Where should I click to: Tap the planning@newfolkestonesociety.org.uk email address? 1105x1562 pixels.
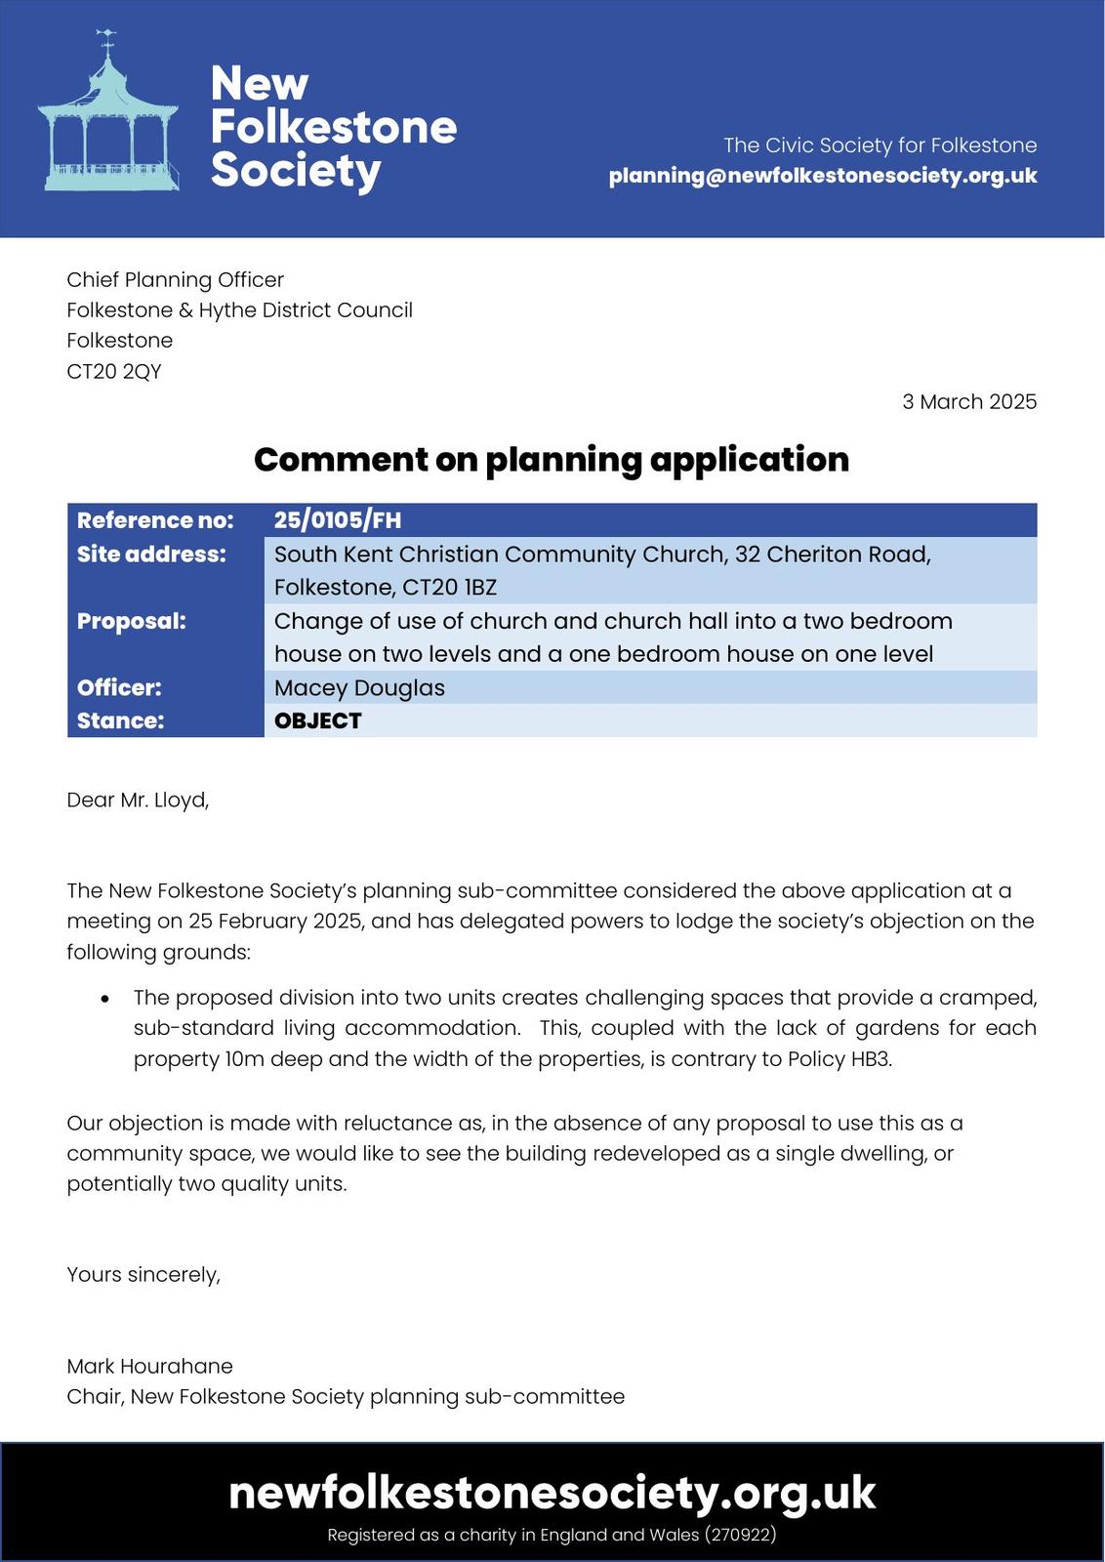(822, 176)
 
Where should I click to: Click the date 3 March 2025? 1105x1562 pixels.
(968, 401)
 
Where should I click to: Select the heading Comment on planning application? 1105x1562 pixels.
(552, 459)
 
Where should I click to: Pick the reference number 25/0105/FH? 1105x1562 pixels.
(338, 520)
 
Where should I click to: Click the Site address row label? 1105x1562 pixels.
(151, 555)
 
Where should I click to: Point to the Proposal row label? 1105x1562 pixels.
(132, 621)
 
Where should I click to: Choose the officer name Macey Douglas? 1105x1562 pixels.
(359, 687)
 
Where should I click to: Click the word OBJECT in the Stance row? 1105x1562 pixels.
(318, 720)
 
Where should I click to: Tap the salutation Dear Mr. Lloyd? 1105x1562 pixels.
(138, 800)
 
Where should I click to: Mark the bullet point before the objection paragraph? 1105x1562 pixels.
(105, 999)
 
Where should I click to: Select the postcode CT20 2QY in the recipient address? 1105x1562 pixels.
(114, 371)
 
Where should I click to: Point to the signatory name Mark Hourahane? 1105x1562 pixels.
(149, 1366)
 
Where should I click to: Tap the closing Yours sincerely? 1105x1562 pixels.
(143, 1274)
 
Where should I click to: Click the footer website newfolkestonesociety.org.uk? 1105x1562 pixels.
(552, 1492)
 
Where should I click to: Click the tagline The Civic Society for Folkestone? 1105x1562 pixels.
(880, 145)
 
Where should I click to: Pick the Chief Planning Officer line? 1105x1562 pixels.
(175, 280)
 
